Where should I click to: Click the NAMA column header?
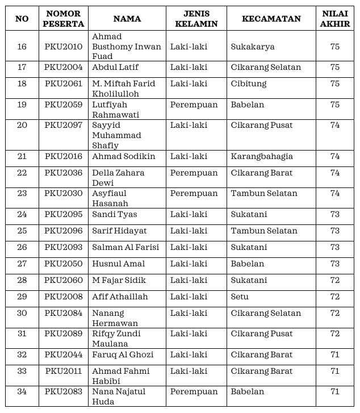[x=127, y=19]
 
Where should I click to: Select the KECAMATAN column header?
[x=271, y=19]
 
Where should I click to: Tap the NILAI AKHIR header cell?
[x=335, y=19]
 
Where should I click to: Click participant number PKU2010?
[x=64, y=47]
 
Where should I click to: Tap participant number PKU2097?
[x=64, y=126]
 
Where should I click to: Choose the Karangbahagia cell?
[x=262, y=157]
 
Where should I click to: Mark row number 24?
[x=22, y=215]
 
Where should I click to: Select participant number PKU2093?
[x=64, y=248]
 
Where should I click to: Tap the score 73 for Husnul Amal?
[x=335, y=264]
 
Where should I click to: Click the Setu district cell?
[x=240, y=297]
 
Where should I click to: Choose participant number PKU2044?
[x=64, y=355]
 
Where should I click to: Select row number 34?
[x=22, y=392]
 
